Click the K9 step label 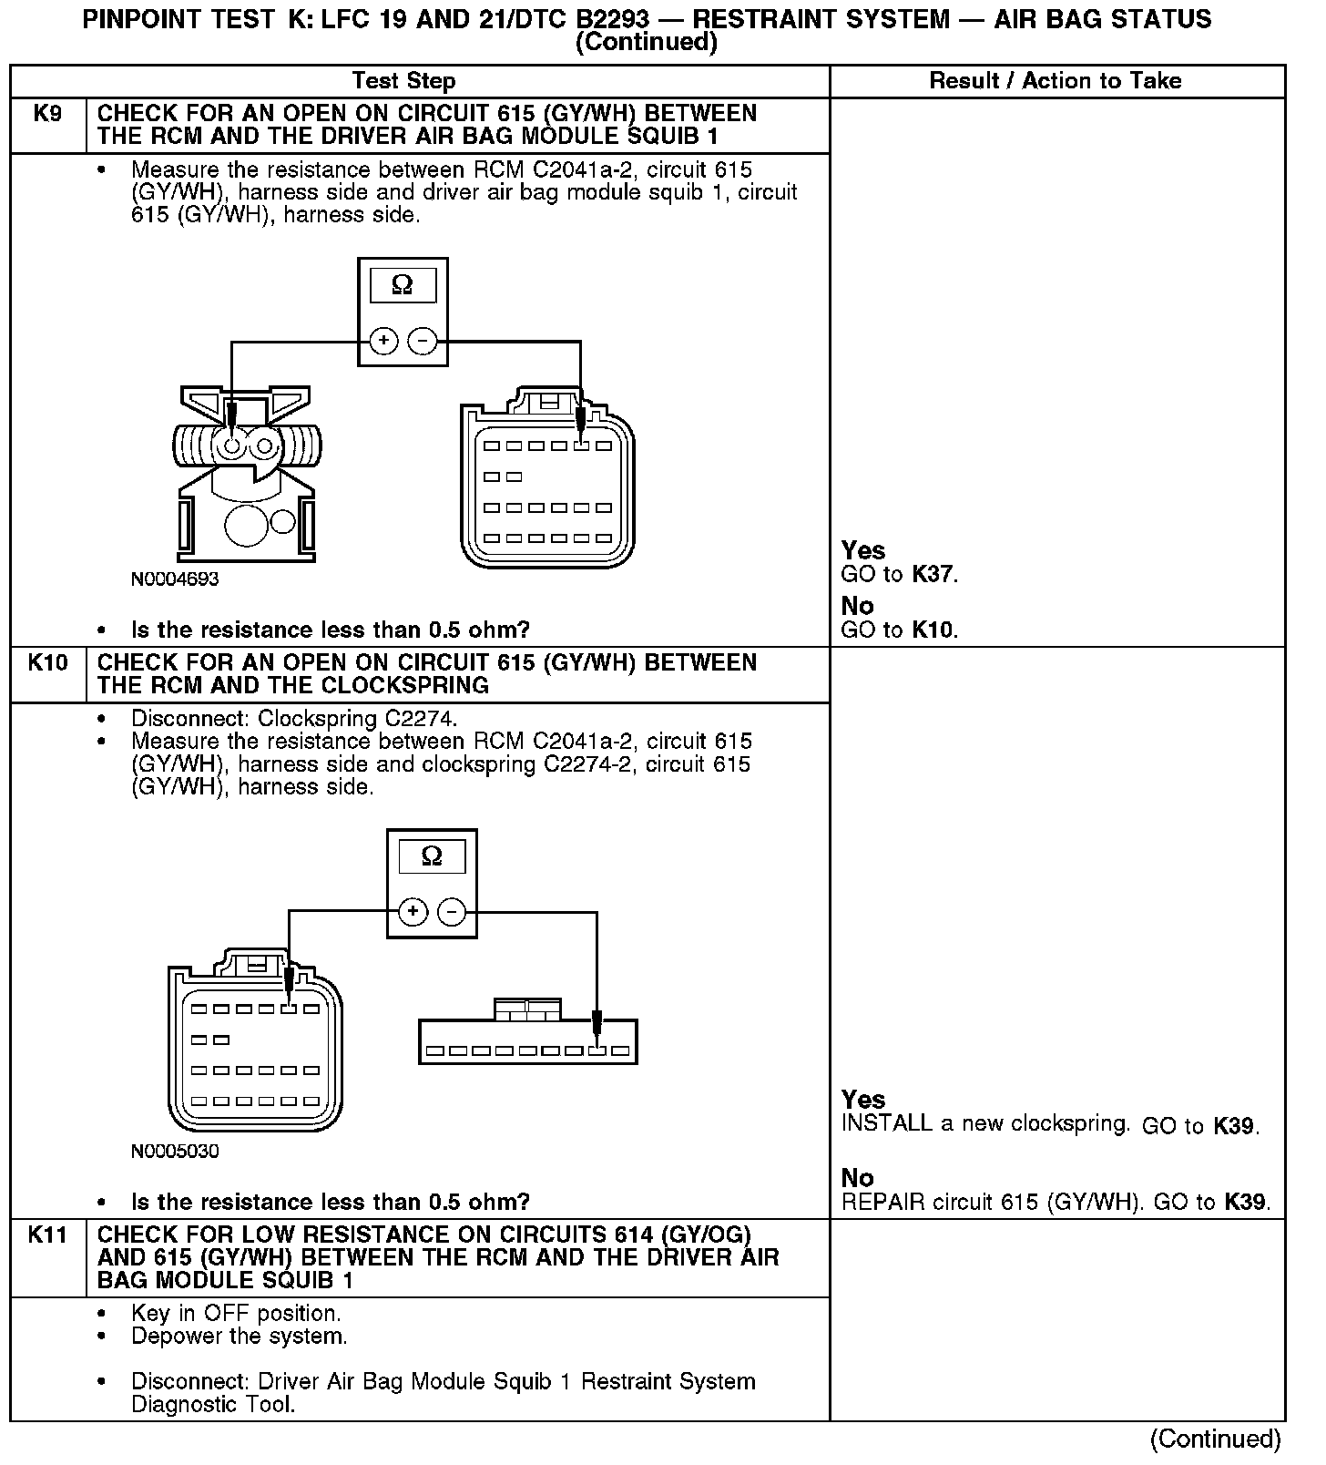(x=47, y=114)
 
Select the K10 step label (x=47, y=663)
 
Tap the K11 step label (x=47, y=1235)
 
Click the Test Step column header (x=403, y=81)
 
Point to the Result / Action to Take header (x=1055, y=81)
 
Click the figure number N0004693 (x=175, y=579)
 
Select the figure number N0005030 (x=175, y=1152)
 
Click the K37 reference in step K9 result (x=933, y=575)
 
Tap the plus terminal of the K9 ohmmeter (x=383, y=342)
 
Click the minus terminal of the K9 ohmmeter (x=423, y=342)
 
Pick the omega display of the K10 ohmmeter (x=432, y=856)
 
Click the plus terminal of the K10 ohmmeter (x=413, y=912)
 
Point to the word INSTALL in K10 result (x=886, y=1124)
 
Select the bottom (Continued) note (x=1215, y=1439)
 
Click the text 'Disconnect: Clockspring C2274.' (x=294, y=719)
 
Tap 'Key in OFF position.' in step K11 (x=236, y=1314)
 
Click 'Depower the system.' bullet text (x=240, y=1337)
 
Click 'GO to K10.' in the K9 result (x=899, y=630)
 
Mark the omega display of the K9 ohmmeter (x=403, y=286)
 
